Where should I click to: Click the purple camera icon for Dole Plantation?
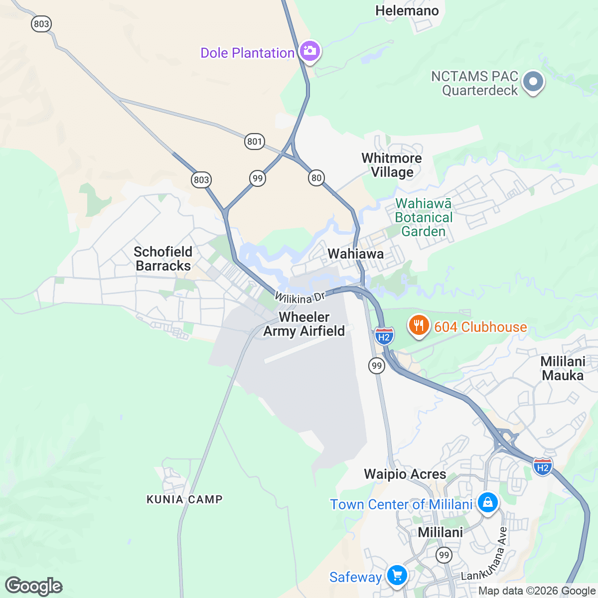coord(310,51)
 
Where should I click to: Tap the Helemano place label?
coord(407,10)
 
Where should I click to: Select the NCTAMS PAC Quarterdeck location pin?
coord(533,81)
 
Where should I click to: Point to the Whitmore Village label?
coord(392,165)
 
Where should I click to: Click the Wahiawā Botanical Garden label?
coord(424,218)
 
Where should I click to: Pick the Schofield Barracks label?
coord(163,259)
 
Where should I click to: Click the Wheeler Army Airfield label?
coord(304,324)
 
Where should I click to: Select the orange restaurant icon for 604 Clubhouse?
coord(419,325)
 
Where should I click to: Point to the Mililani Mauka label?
coord(563,368)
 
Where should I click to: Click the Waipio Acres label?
coord(405,474)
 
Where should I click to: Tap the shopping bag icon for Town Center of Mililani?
coord(487,502)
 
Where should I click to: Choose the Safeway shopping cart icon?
coord(397,575)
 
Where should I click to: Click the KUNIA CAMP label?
coord(184,499)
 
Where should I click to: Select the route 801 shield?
coord(254,141)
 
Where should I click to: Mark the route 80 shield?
coord(316,177)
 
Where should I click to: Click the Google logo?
coord(33,586)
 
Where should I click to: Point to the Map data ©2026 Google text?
coord(537,591)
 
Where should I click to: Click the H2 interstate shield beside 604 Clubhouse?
coord(384,336)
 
